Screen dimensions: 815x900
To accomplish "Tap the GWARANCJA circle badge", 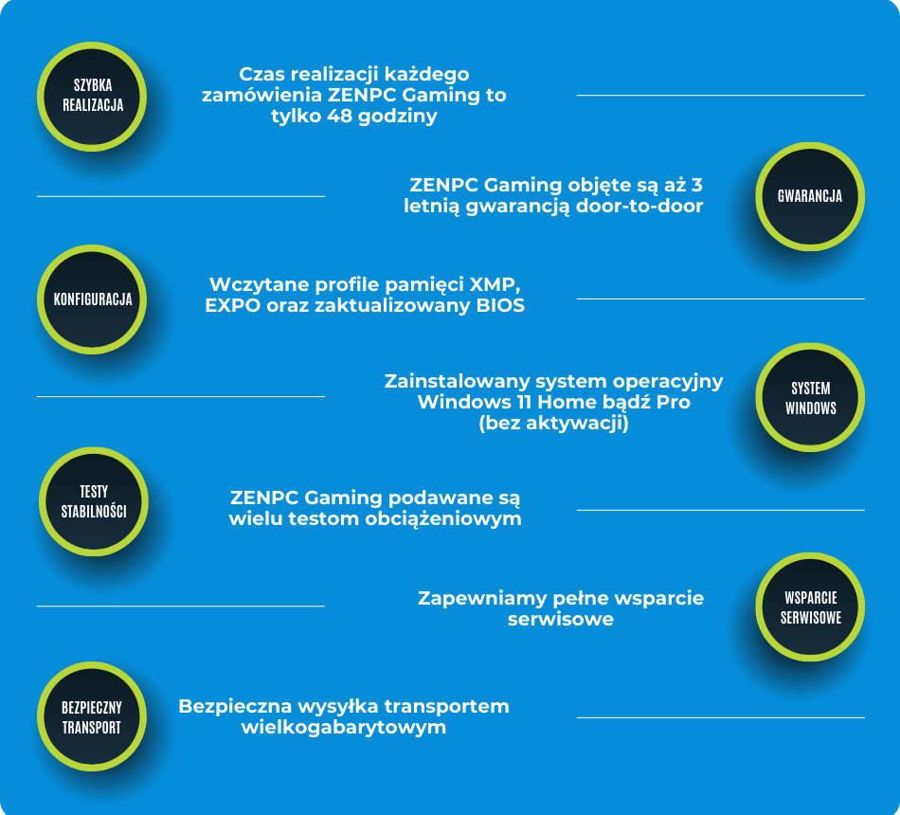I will pyautogui.click(x=810, y=197).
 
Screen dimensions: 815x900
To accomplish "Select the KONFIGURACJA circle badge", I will pyautogui.click(x=93, y=299).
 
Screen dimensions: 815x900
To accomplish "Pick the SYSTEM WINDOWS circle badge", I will pyautogui.click(x=810, y=398).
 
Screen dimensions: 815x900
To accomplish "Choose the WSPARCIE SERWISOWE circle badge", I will pyautogui.click(x=810, y=607).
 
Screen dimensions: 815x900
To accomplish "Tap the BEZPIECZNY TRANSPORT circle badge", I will pyautogui.click(x=92, y=717).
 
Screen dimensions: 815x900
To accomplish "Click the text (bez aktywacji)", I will pyautogui.click(x=553, y=424).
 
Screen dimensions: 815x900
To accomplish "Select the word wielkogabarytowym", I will pyautogui.click(x=344, y=728).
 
